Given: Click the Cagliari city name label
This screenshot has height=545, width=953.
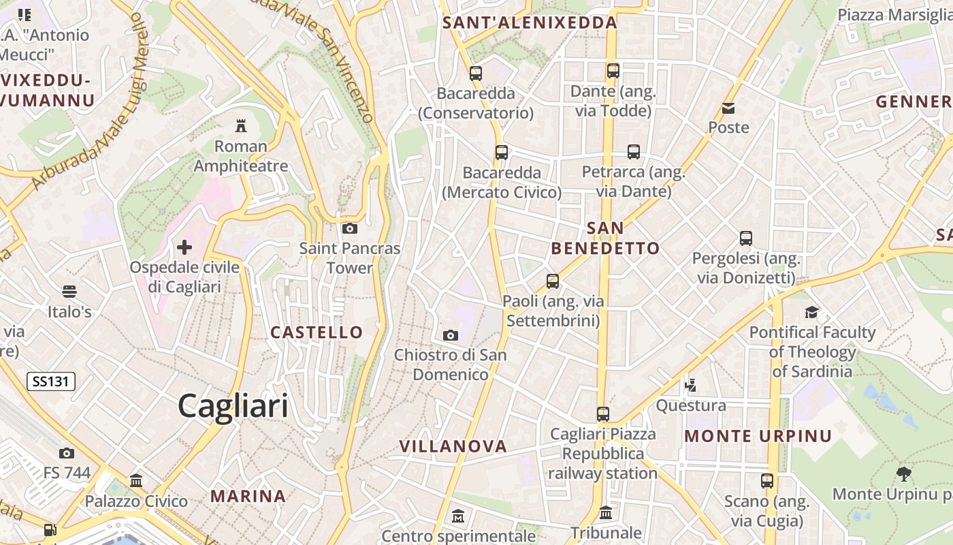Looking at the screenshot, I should [x=233, y=406].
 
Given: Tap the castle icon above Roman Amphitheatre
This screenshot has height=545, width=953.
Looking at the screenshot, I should [x=240, y=125].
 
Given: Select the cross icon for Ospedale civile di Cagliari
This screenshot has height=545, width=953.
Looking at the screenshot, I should [x=184, y=247].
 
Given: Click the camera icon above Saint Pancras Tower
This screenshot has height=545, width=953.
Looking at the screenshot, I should [x=350, y=228].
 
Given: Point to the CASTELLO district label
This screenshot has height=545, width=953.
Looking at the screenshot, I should [x=317, y=332].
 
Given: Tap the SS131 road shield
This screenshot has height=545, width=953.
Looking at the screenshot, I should [x=51, y=381].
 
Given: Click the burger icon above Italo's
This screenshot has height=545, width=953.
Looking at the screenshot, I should [x=69, y=292].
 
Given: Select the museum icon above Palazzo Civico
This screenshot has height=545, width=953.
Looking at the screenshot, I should [x=136, y=481].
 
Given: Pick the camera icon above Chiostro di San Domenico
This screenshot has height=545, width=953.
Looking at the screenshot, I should [x=450, y=335].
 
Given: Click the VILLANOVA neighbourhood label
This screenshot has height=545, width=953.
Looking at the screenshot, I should [x=453, y=447].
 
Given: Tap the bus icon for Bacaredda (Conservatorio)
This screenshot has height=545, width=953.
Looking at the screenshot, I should [x=476, y=73].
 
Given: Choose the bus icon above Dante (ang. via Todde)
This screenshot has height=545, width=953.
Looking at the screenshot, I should [x=613, y=71].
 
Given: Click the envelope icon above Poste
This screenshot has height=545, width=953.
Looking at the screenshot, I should [x=728, y=108].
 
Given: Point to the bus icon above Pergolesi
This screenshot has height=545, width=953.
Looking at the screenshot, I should [x=746, y=238].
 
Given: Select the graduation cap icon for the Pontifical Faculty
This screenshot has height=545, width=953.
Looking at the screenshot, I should [x=811, y=313].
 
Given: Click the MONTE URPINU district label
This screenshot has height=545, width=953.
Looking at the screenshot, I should [x=758, y=436].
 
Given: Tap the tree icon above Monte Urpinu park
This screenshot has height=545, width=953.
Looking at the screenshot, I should [x=904, y=473].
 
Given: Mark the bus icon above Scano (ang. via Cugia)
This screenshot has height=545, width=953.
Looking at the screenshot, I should [x=767, y=481].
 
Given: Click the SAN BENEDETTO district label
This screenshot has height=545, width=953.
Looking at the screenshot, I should [x=605, y=238].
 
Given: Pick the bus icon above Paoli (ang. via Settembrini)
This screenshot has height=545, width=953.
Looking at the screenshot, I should [x=553, y=281].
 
